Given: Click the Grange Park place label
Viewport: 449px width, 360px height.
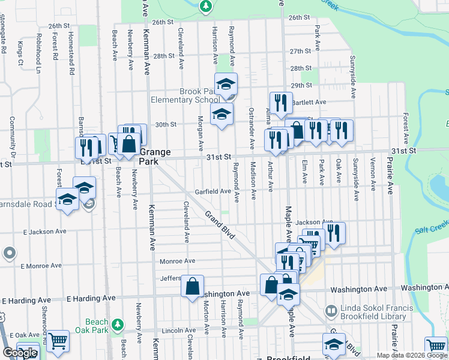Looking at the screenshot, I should click(154, 157).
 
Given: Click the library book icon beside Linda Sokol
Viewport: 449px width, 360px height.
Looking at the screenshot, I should click(331, 311).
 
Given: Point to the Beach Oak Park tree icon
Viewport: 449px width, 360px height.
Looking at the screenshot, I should click(118, 325).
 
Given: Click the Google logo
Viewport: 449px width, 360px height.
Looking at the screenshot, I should click(20, 353).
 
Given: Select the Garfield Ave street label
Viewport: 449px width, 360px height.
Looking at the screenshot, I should click(212, 192).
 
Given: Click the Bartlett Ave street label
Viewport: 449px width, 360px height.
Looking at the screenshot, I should click(309, 102).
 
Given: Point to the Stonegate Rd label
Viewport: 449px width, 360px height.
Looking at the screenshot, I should click(3, 42).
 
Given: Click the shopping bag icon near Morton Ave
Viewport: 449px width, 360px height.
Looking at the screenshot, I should click(193, 287).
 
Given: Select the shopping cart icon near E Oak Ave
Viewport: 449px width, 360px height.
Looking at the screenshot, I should click(58, 341).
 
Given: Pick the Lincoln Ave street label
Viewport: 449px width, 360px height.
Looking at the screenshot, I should click(179, 331).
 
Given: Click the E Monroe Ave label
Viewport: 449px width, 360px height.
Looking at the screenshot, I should click(41, 265).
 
